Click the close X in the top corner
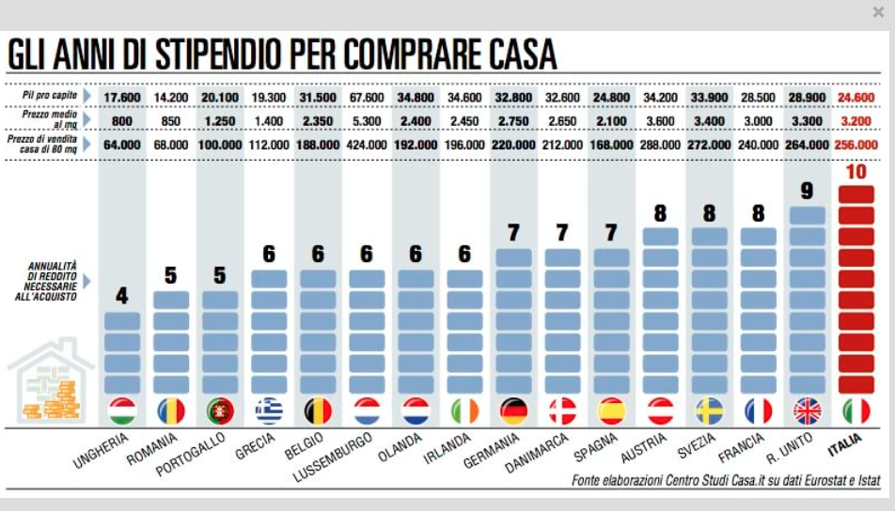click(x=878, y=12)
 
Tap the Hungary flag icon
click(x=122, y=411)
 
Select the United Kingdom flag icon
click(x=807, y=411)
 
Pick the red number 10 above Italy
click(x=856, y=173)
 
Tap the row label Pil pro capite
click(x=48, y=96)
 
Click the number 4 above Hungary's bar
click(x=121, y=296)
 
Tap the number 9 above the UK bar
click(x=807, y=191)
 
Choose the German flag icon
click(x=513, y=411)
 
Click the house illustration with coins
click(x=49, y=383)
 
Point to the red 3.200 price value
click(x=856, y=121)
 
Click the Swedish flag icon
click(x=709, y=411)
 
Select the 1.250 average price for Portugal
click(x=219, y=121)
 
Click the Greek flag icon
click(x=269, y=411)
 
